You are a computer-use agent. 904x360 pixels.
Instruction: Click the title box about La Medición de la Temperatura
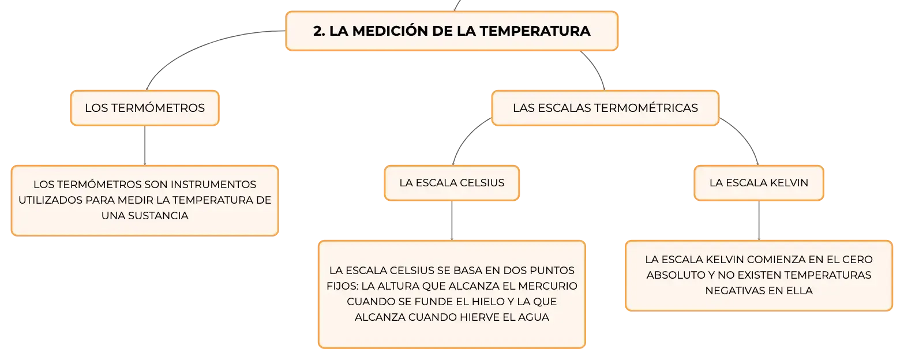[x=452, y=31]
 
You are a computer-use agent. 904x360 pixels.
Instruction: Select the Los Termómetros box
[x=145, y=108]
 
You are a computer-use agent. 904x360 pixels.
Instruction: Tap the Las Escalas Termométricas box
[x=605, y=108]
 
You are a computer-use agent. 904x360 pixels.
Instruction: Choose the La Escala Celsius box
[x=452, y=183]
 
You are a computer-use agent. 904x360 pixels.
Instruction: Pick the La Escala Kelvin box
[x=759, y=183]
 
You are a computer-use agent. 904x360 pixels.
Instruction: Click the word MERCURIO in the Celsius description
[x=547, y=286]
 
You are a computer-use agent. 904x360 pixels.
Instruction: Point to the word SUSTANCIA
[x=158, y=216]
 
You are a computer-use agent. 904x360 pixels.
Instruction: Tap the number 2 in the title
[x=318, y=31]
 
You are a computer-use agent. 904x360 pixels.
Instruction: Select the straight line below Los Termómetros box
[x=145, y=145]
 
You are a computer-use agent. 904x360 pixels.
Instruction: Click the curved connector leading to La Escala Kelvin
[x=745, y=136]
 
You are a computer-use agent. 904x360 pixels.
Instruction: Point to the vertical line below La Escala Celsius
[x=452, y=221]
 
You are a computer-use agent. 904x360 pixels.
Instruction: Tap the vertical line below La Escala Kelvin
[x=759, y=221]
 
